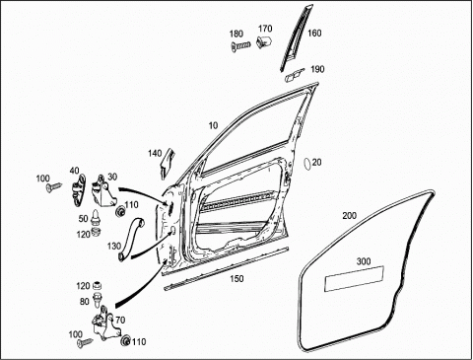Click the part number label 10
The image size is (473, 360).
pos(213,125)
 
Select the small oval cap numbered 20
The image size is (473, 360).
pos(307,164)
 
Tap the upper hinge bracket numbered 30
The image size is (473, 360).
pos(103,193)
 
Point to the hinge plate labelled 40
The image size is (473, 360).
pos(78,190)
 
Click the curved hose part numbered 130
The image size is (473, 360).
pos(130,240)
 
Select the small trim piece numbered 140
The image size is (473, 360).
pos(168,164)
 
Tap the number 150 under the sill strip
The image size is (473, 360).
pos(236,279)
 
